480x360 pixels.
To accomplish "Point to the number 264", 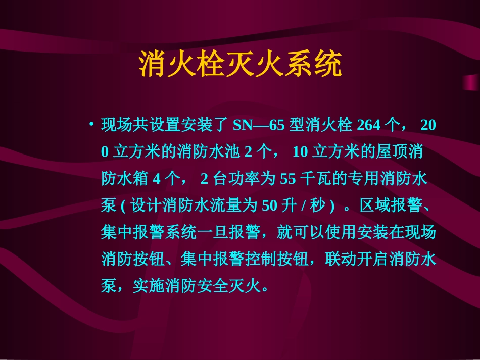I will pyautogui.click(x=369, y=125).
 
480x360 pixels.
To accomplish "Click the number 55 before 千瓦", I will pyautogui.click(x=287, y=179).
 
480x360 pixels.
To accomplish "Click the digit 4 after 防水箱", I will pyautogui.click(x=157, y=179).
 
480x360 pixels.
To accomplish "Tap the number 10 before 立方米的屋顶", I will pyautogui.click(x=301, y=152).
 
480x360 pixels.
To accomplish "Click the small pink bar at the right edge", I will pyautogui.click(x=471, y=82).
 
